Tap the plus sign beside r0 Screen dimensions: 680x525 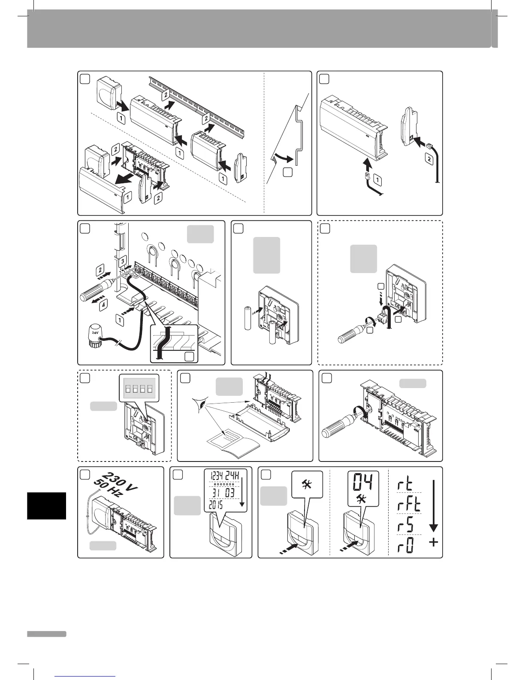(434, 543)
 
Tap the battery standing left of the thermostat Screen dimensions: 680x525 (247, 318)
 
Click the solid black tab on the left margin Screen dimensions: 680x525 (46, 506)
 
